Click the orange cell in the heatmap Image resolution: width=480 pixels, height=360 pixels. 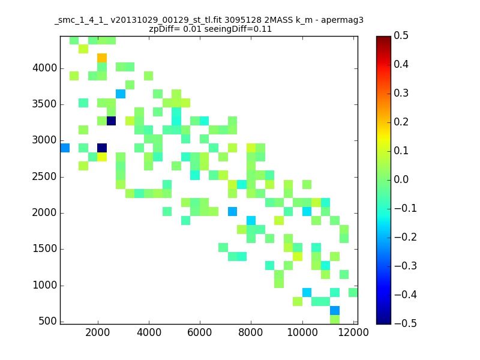[x=102, y=58]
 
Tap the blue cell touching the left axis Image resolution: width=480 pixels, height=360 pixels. [x=65, y=148]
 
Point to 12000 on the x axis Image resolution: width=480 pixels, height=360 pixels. [x=353, y=332]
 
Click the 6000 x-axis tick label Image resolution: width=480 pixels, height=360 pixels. [x=200, y=332]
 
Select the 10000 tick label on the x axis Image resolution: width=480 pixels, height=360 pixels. [x=302, y=332]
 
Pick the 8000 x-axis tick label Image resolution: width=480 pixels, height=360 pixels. [x=251, y=332]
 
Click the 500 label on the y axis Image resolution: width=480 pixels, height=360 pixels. [x=48, y=321]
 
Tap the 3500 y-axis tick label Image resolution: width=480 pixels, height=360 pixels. [x=44, y=104]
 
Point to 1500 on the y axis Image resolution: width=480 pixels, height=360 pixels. [x=44, y=248]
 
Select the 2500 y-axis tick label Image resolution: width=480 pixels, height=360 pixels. [x=44, y=176]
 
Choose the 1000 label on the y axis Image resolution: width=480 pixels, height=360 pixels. [x=44, y=286]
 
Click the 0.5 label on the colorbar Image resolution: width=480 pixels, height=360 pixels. [x=401, y=35]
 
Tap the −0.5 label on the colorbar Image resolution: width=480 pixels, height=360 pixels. [x=406, y=323]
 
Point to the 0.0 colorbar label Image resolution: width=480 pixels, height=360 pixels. [x=401, y=179]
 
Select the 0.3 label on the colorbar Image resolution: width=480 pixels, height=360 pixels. [x=401, y=93]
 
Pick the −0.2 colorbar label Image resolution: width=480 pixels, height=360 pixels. [x=406, y=237]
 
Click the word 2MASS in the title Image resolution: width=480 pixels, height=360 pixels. [x=278, y=20]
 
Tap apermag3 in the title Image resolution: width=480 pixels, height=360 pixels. [x=342, y=20]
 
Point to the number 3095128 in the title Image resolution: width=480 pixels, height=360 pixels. [x=243, y=20]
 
